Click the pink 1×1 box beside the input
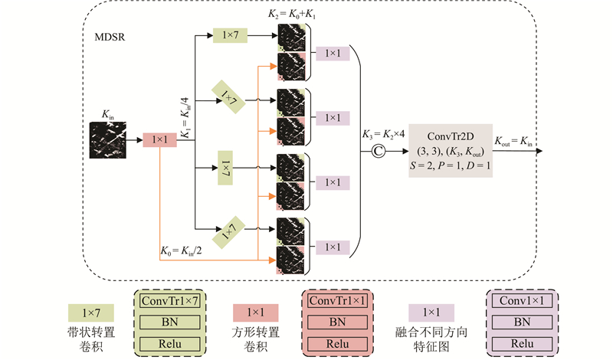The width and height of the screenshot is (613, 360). click(160, 139)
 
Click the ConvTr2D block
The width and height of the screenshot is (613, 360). click(450, 150)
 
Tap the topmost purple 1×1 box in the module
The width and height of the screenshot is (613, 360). click(333, 54)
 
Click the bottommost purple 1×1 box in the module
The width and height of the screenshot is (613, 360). click(333, 247)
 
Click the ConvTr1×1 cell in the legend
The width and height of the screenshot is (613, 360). click(338, 303)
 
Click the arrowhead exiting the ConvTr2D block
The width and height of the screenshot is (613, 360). click(539, 151)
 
